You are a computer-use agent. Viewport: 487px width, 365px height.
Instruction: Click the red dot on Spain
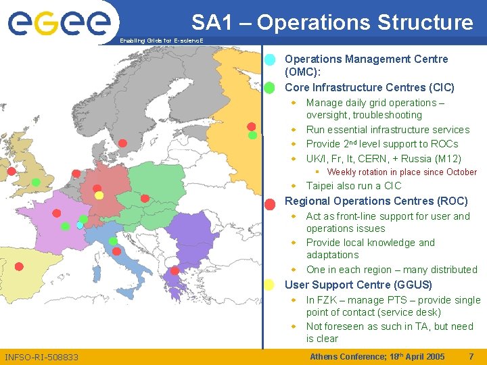(19, 266)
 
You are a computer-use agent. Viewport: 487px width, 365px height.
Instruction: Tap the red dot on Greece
(175, 271)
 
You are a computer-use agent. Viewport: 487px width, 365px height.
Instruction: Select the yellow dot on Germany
(99, 195)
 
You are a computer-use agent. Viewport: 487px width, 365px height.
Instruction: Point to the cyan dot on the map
(80, 225)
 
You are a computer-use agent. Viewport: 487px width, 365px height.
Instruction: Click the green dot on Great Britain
(36, 182)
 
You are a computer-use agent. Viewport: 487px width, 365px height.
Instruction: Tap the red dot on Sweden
(122, 143)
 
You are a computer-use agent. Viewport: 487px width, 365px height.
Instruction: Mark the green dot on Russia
(252, 135)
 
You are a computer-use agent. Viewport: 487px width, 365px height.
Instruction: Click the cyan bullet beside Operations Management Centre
(269, 59)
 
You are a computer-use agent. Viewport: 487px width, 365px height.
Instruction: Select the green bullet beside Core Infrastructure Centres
(269, 87)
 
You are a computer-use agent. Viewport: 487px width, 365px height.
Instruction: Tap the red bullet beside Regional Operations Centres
(269, 203)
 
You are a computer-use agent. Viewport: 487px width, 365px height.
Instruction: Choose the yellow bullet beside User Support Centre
(269, 285)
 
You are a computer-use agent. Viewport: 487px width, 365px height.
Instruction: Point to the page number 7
(471, 356)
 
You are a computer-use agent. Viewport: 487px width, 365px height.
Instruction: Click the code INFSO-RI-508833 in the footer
(41, 357)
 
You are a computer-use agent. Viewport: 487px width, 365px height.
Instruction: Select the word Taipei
(321, 186)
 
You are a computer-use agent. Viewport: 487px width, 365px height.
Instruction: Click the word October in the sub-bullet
(461, 172)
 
